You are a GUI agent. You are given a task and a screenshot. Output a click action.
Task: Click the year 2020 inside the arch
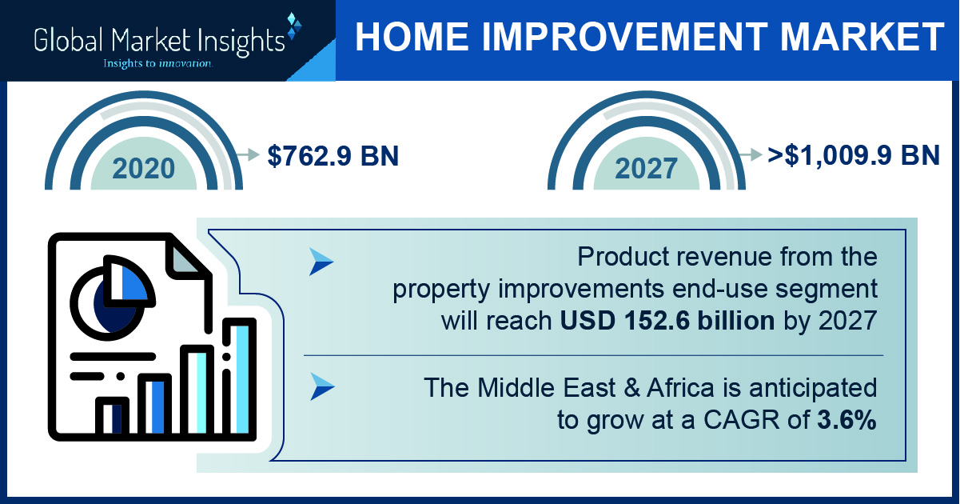click(x=144, y=168)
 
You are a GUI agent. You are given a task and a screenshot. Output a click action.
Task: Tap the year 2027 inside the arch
click(x=647, y=168)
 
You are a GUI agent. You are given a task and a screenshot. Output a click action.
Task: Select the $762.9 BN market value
click(x=333, y=155)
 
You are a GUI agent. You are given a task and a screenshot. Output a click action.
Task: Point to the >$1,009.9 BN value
click(x=854, y=155)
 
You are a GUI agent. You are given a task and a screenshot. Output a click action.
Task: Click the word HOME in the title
click(x=412, y=37)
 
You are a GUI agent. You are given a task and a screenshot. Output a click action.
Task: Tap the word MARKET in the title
click(x=862, y=37)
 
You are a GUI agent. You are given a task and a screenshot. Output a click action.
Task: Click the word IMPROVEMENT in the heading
click(x=624, y=37)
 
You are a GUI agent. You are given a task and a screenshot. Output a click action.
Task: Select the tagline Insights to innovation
click(x=157, y=64)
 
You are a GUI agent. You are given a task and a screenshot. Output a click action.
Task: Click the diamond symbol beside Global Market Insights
click(x=294, y=26)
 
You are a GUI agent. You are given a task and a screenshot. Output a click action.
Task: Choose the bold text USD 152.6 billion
click(x=667, y=321)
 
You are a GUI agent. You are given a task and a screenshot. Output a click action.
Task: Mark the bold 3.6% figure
click(x=846, y=419)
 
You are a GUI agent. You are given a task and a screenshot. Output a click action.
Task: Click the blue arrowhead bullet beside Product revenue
click(x=321, y=262)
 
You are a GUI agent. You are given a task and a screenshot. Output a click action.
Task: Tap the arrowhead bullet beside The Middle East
click(x=322, y=386)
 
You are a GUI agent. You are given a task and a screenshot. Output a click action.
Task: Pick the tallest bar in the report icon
click(x=239, y=378)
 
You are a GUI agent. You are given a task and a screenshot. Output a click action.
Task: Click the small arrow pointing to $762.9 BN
click(x=248, y=154)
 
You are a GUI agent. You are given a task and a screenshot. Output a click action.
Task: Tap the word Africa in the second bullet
click(x=680, y=388)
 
